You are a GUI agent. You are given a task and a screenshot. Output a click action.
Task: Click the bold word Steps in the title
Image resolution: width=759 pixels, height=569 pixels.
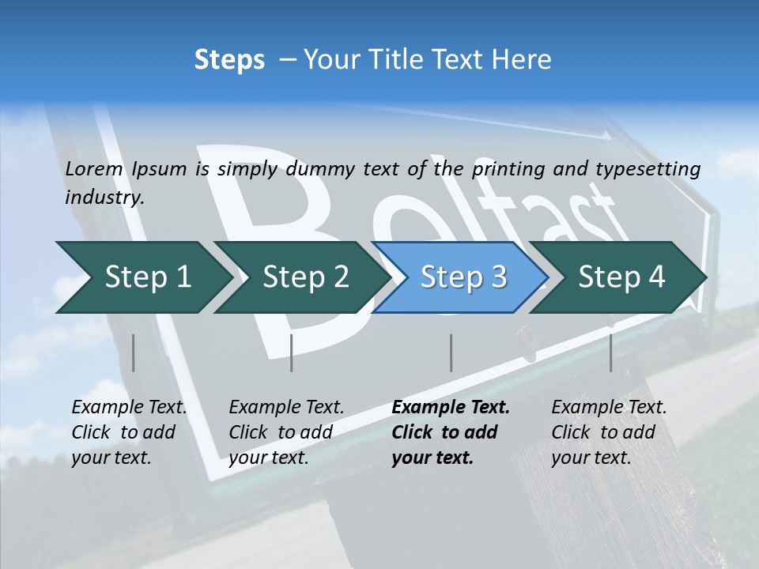coord(229,60)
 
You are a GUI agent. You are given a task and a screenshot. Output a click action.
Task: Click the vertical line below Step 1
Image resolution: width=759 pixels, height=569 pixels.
coord(134,352)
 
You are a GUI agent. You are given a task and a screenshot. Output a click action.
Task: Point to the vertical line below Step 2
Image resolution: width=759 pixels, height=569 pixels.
coord(292,352)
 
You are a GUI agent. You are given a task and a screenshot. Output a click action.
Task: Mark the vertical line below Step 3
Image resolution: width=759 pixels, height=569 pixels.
coord(451,352)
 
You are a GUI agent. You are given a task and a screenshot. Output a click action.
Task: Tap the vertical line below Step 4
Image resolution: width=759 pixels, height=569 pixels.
coord(611,352)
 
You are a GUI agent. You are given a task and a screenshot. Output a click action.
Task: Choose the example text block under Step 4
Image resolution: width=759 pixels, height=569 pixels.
coord(609,432)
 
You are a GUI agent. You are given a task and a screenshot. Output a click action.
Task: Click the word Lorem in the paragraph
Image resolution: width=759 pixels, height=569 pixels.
coord(94,169)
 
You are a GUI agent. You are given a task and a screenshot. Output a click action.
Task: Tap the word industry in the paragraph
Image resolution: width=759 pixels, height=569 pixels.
coord(104,198)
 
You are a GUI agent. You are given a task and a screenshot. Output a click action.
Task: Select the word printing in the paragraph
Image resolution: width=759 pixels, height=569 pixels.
coord(501,169)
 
